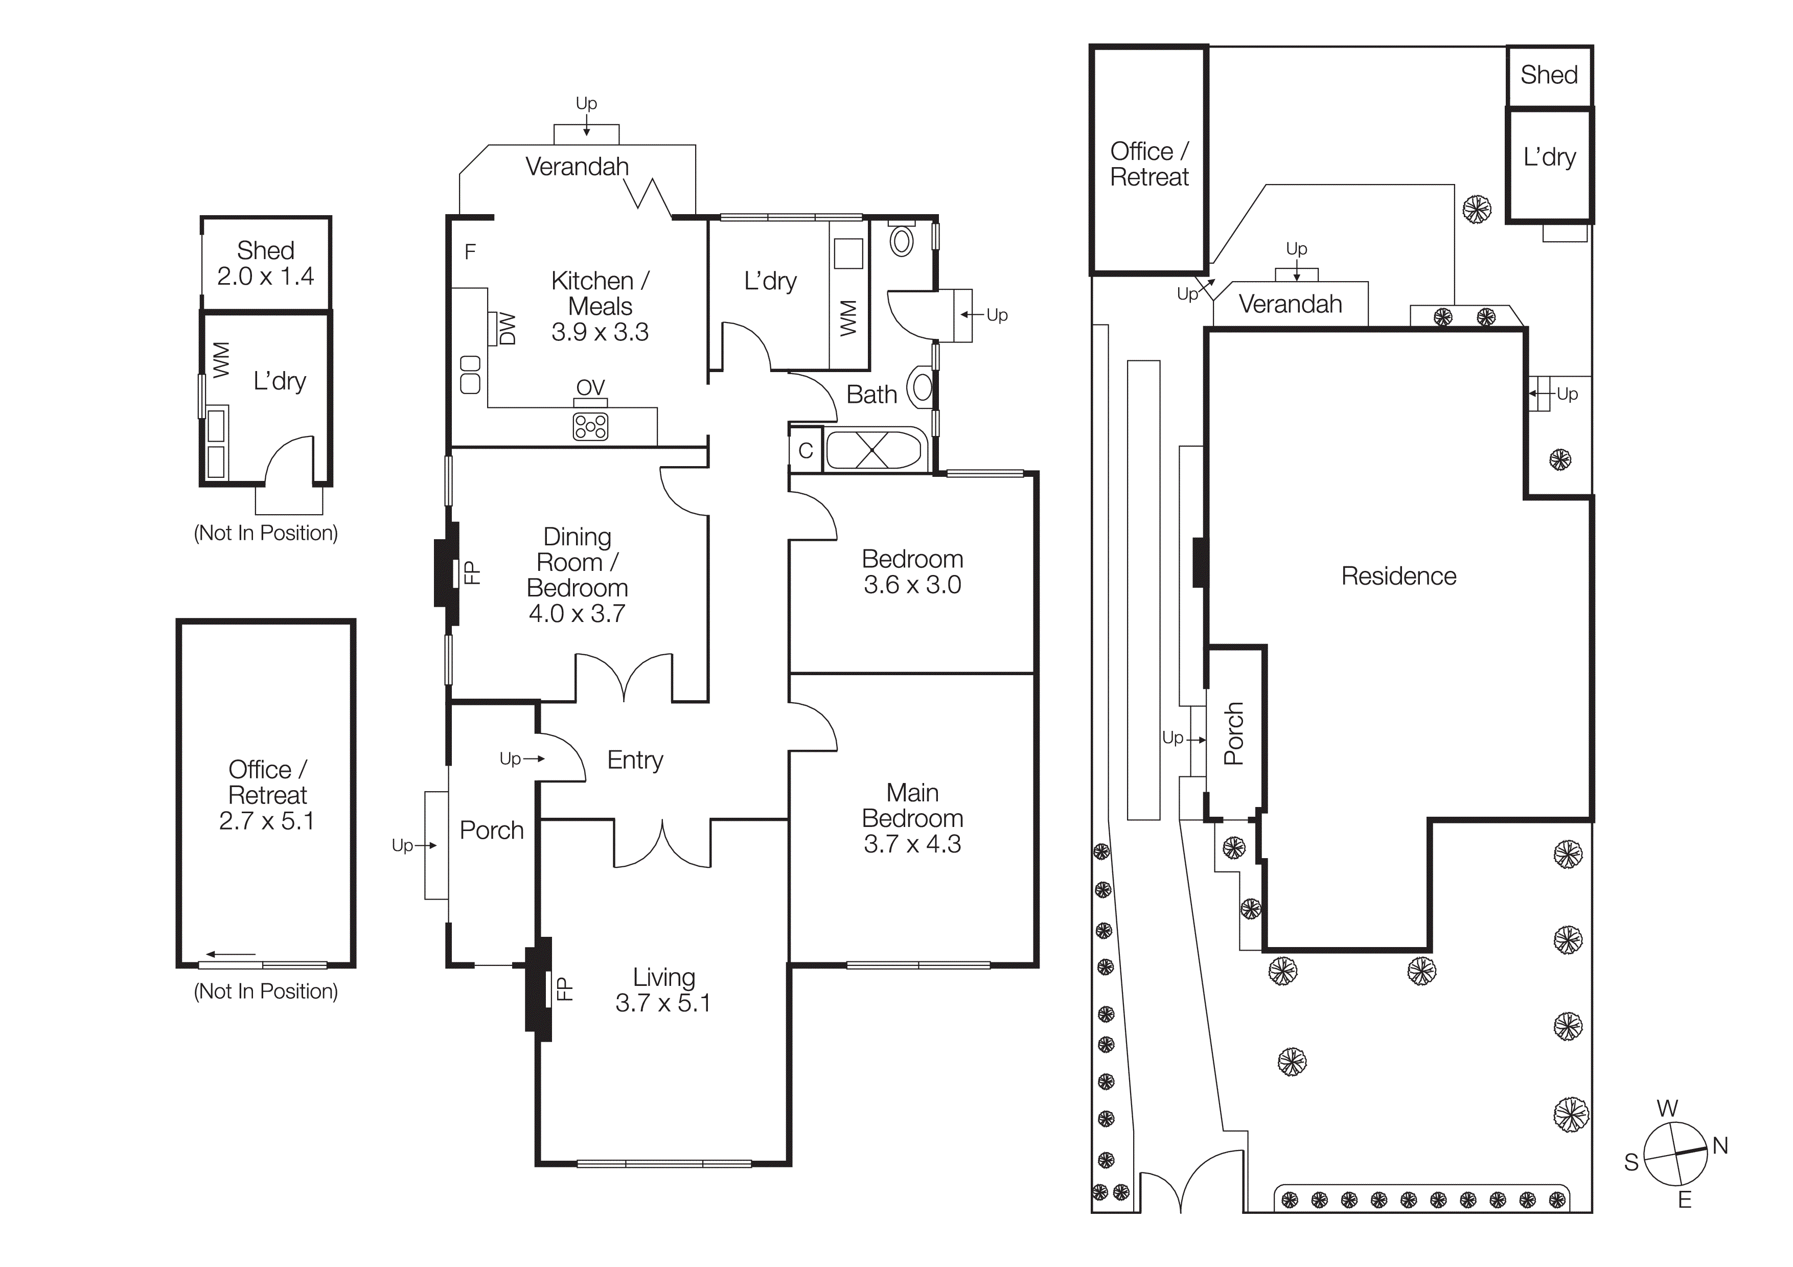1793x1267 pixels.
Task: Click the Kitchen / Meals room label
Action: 600,293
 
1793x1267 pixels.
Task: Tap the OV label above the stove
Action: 590,387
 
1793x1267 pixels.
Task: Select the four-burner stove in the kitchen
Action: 590,426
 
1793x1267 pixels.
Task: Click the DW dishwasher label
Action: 508,329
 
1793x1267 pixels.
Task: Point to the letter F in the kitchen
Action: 470,251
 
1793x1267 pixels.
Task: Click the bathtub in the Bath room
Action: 872,450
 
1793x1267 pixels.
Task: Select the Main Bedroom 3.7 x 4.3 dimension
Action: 912,844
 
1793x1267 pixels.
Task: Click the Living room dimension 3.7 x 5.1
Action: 663,1003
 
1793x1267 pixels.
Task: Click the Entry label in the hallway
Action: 635,759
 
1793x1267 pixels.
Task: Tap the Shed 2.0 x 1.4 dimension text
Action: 265,277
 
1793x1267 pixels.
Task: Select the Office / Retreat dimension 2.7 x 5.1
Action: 266,821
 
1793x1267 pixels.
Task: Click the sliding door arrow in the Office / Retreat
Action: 231,954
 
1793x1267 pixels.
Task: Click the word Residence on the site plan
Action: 1398,576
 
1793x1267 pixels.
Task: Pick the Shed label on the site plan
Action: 1549,75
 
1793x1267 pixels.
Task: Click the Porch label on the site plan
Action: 1234,734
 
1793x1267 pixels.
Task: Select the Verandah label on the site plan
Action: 1290,304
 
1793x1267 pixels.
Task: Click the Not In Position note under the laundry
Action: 265,533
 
